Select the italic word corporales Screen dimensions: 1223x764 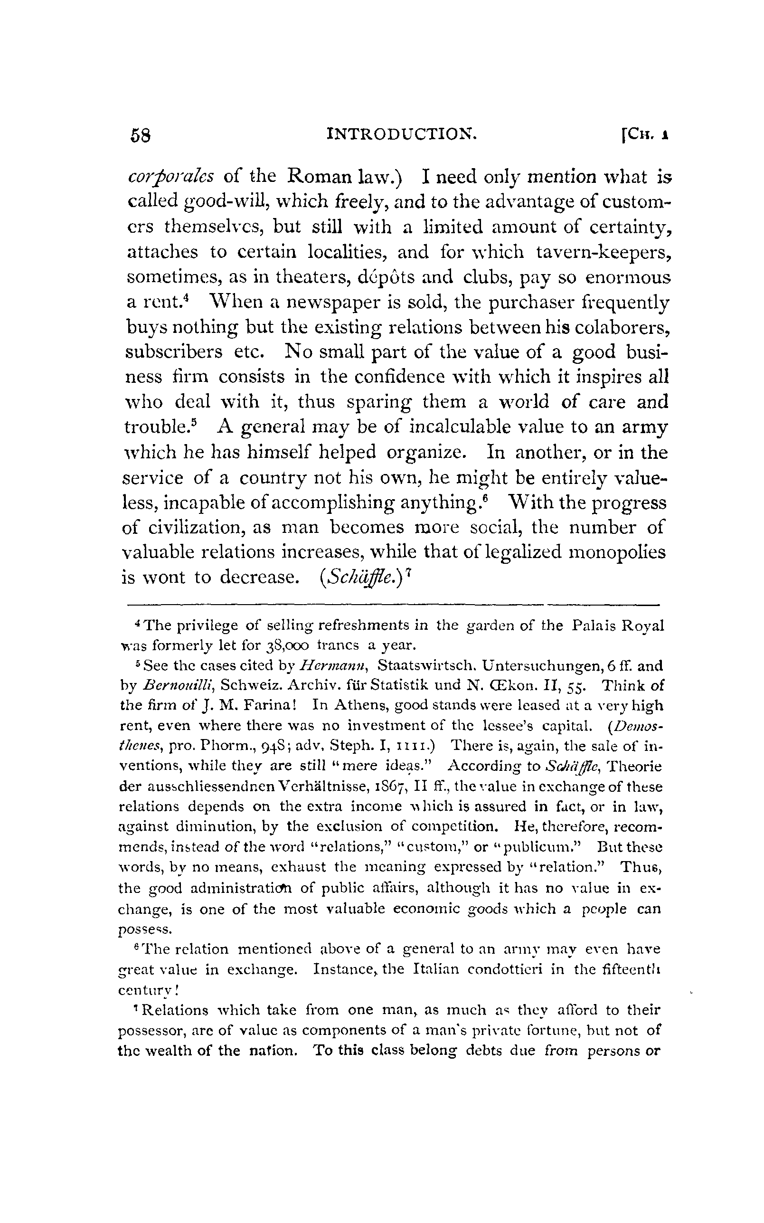point(170,177)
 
